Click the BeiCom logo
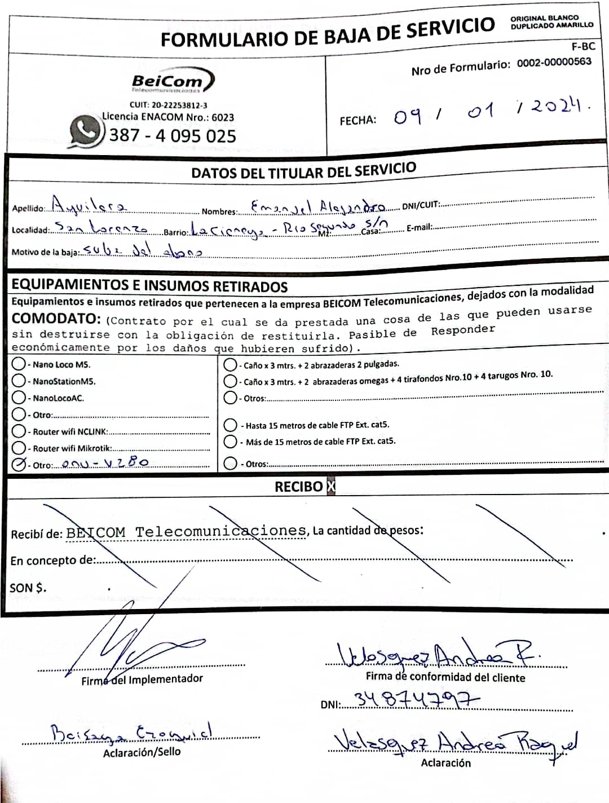click(x=172, y=81)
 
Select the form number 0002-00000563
click(x=554, y=62)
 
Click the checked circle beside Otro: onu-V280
click(x=19, y=464)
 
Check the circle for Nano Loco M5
click(x=19, y=364)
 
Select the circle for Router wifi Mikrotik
click(x=19, y=448)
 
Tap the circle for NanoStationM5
click(x=19, y=381)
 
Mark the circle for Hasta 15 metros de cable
click(x=230, y=425)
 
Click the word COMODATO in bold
click(x=56, y=319)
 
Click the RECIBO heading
click(x=299, y=486)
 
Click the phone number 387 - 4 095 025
click(x=173, y=135)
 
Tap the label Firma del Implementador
click(x=142, y=680)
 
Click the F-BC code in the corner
click(x=582, y=47)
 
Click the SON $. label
click(x=28, y=588)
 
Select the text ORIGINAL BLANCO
click(x=544, y=18)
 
